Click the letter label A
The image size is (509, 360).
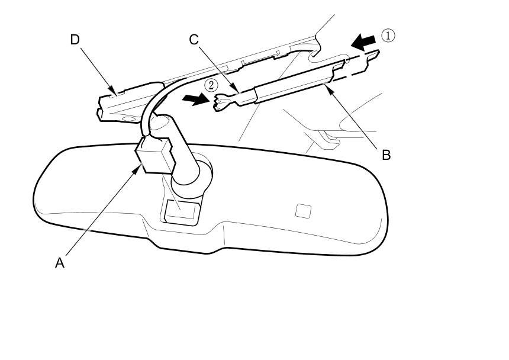click(59, 262)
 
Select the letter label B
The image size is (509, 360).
click(386, 155)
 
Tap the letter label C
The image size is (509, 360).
click(194, 40)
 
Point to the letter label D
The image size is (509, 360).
click(75, 40)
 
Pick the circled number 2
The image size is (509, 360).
click(211, 85)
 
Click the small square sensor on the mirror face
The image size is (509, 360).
click(303, 210)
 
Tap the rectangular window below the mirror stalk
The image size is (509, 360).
click(181, 210)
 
